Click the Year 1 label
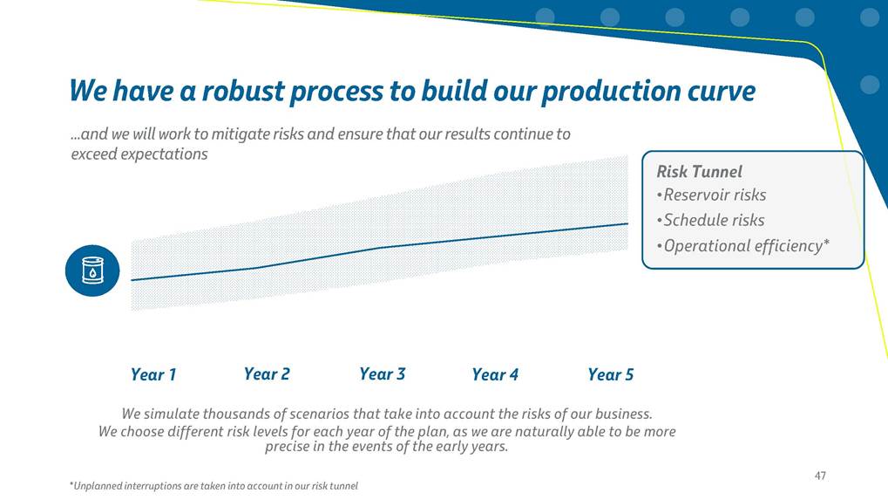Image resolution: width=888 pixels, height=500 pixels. pyautogui.click(x=153, y=374)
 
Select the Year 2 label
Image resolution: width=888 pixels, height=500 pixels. pyautogui.click(x=267, y=374)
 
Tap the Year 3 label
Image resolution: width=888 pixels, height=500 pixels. pyautogui.click(x=383, y=374)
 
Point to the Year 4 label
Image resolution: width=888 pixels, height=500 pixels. pyautogui.click(x=495, y=374)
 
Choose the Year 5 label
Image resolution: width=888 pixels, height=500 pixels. pyautogui.click(x=611, y=374)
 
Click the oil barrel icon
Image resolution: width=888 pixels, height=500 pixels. pyautogui.click(x=92, y=271)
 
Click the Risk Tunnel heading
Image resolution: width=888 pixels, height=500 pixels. pyautogui.click(x=700, y=172)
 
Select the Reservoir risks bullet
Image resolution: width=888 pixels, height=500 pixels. pyautogui.click(x=711, y=195)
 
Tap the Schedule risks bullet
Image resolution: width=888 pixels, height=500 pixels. pyautogui.click(x=711, y=220)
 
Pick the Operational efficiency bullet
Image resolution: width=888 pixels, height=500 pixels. pyautogui.click(x=743, y=246)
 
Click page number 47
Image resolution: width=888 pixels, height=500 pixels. pyautogui.click(x=820, y=476)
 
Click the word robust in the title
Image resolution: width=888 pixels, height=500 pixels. pyautogui.click(x=243, y=91)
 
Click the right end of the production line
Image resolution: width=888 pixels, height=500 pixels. pyautogui.click(x=627, y=224)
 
